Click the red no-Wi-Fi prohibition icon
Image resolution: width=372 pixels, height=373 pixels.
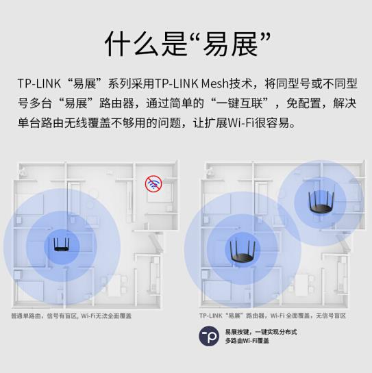tap(153, 184)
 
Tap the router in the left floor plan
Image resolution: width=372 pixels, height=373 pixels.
tap(62, 244)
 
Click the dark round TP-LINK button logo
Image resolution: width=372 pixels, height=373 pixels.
tap(209, 336)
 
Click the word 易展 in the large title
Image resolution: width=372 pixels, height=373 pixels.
tap(231, 44)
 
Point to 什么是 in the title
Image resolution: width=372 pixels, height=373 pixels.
tap(146, 44)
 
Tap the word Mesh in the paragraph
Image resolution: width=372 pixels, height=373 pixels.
tap(215, 83)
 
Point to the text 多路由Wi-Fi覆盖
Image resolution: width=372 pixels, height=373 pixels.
tap(247, 341)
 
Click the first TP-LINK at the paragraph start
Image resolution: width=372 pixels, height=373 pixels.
tap(39, 83)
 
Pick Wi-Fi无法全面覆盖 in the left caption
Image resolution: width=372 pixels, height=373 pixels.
tap(106, 316)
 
